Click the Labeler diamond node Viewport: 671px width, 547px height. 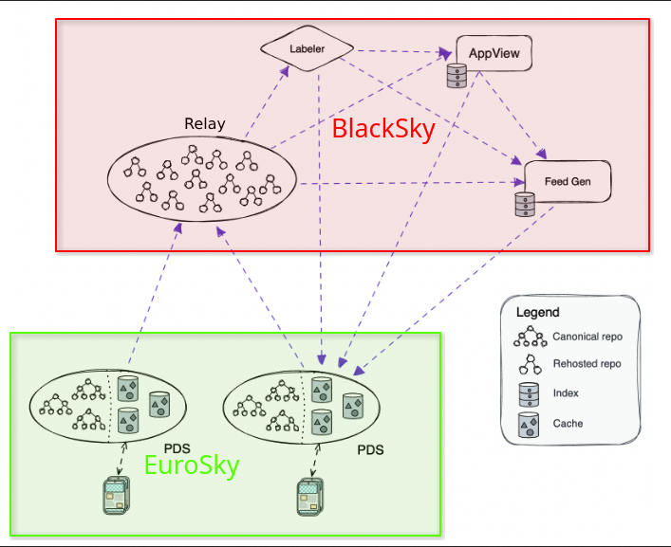coord(307,48)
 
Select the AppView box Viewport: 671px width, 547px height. coord(494,53)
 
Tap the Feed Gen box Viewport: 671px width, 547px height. coord(568,181)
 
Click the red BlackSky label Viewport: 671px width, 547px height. coord(383,130)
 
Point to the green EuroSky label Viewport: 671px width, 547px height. coord(191,465)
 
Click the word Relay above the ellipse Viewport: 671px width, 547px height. coord(204,124)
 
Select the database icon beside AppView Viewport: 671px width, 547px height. coord(455,77)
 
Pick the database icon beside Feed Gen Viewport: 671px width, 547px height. coord(522,205)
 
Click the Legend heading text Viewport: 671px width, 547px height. coord(537,312)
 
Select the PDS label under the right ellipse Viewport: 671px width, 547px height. coord(370,449)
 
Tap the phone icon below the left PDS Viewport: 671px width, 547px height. coord(116,494)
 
